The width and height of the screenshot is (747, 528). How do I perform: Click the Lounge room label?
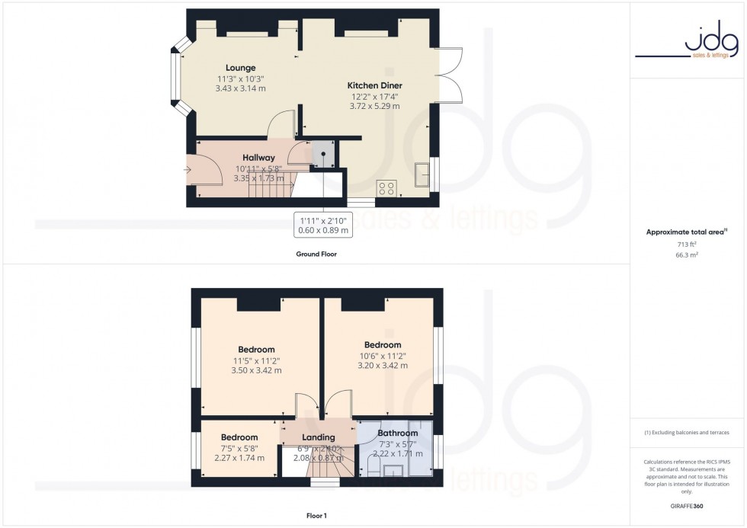[x=240, y=68]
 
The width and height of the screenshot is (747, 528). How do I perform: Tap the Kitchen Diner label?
[x=374, y=85]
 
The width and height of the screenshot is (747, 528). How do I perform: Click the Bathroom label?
[x=397, y=434]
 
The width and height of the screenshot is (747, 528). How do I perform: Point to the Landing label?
[x=319, y=437]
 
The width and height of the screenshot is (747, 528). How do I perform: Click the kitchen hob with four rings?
[x=385, y=188]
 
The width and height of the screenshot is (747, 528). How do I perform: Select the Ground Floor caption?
[x=316, y=254]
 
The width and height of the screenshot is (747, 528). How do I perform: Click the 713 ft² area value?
[x=687, y=245]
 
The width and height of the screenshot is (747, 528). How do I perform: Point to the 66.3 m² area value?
[x=687, y=255]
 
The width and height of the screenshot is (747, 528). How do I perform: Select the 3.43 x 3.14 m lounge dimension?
[x=240, y=88]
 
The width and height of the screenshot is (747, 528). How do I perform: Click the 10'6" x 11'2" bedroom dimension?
[x=382, y=355]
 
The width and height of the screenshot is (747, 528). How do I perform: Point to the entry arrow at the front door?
[x=188, y=169]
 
